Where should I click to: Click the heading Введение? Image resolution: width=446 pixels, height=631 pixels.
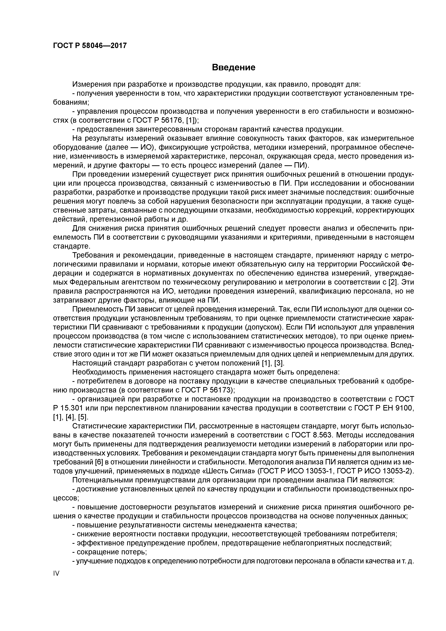click(234, 67)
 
